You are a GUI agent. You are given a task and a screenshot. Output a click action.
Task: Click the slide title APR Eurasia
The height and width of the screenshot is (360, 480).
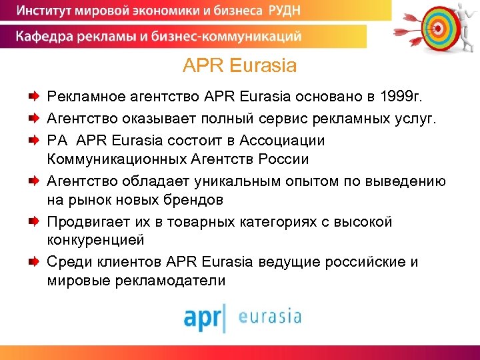click(239, 67)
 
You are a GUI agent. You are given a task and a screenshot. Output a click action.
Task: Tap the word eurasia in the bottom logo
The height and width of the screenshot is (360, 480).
click(270, 315)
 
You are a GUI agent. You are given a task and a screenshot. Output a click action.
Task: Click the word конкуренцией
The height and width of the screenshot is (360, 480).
click(95, 240)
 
